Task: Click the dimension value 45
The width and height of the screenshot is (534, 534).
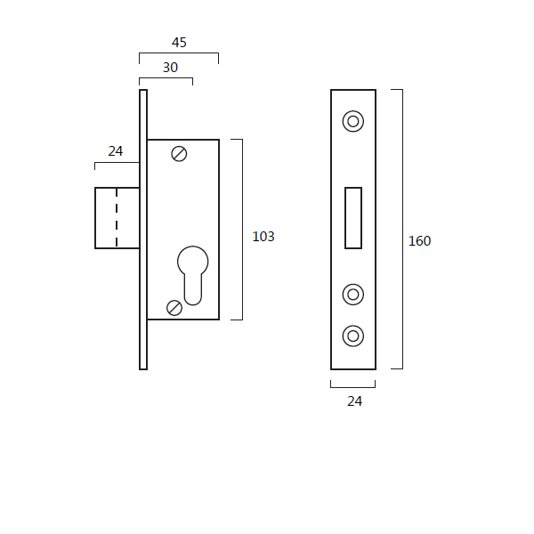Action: pyautogui.click(x=179, y=43)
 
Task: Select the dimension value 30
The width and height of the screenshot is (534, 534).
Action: pyautogui.click(x=170, y=68)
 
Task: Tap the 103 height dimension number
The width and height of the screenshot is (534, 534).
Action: pyautogui.click(x=263, y=237)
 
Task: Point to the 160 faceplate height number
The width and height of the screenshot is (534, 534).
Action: pyautogui.click(x=419, y=241)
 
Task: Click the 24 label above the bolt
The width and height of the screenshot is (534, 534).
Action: pyautogui.click(x=116, y=151)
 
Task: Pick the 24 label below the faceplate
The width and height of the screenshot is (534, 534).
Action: pyautogui.click(x=354, y=401)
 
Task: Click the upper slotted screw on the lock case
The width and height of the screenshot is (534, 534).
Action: pyautogui.click(x=179, y=154)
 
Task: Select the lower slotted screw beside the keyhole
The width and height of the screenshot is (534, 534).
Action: pyautogui.click(x=174, y=308)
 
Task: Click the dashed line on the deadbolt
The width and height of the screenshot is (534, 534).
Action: pyautogui.click(x=117, y=218)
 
